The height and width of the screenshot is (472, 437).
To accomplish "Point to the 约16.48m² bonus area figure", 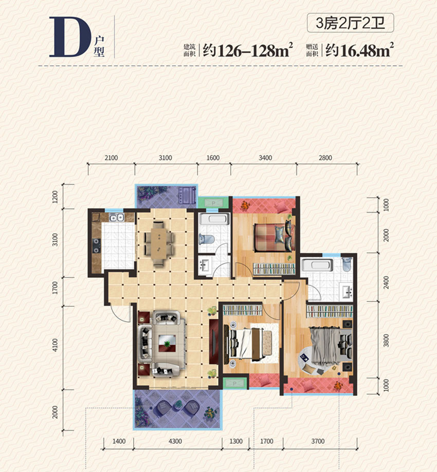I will (360, 50).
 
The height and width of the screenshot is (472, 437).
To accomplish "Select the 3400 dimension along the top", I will (265, 158).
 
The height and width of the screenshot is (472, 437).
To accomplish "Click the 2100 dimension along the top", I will (111, 158).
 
